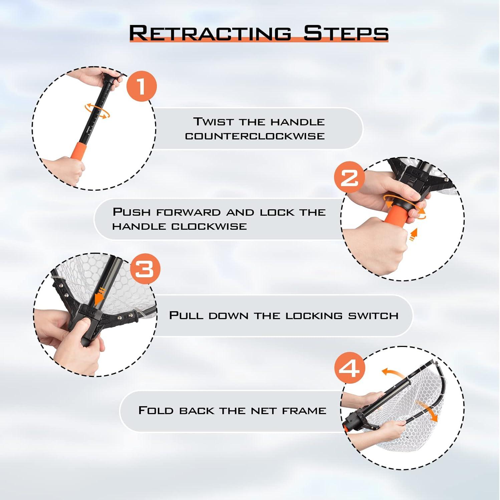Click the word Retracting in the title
(210, 33)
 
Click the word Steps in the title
(346, 33)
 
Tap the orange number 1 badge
(142, 86)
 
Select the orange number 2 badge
(349, 177)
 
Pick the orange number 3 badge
(145, 269)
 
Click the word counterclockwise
(255, 136)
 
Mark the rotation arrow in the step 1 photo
(97, 111)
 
